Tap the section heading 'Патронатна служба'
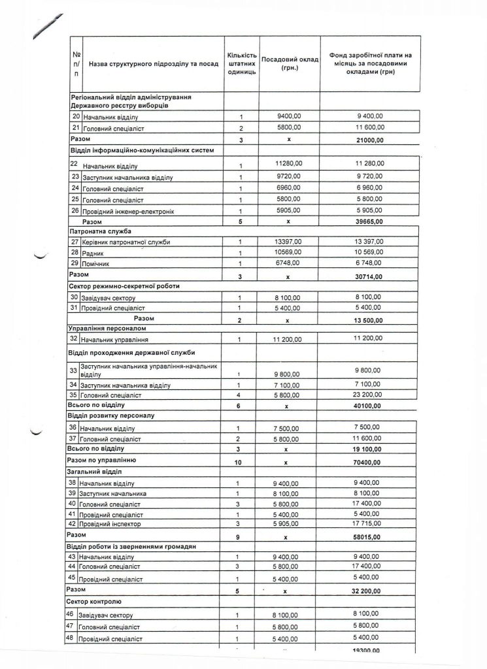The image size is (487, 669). point(100,231)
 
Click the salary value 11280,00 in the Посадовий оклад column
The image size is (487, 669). point(288,163)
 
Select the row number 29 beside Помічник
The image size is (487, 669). point(74,263)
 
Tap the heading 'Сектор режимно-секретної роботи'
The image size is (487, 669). point(124,286)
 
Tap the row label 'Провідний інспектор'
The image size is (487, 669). point(109,524)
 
